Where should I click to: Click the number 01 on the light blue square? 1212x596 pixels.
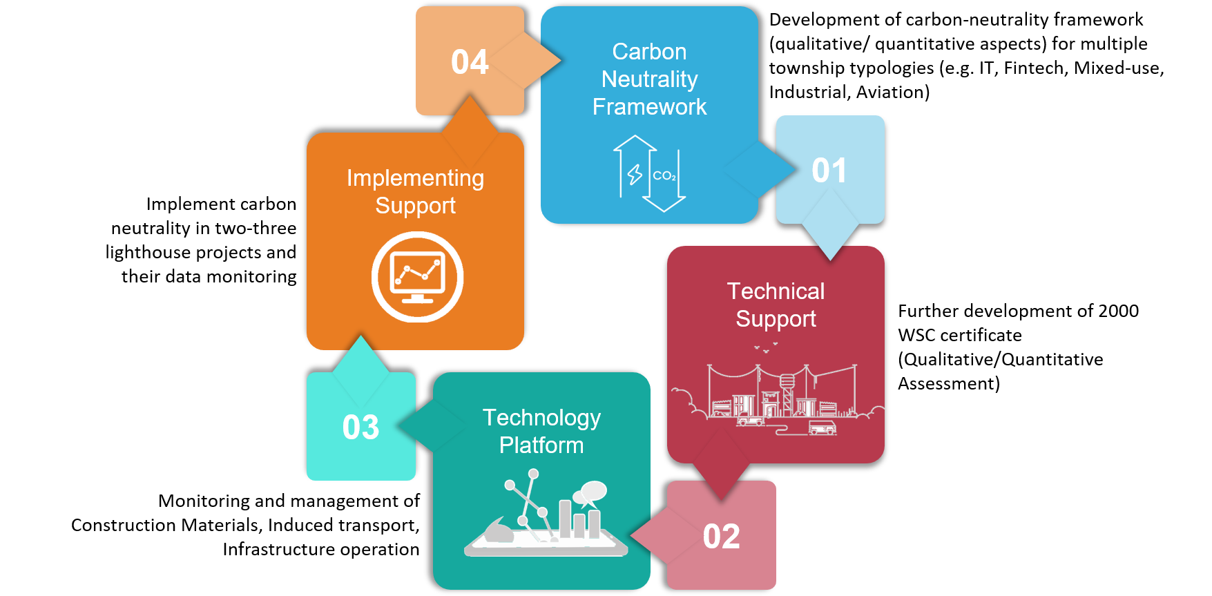tap(829, 171)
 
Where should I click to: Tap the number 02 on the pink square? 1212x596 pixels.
tap(721, 537)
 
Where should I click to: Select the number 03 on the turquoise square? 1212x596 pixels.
tap(360, 427)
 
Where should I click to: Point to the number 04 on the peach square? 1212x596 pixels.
tap(470, 62)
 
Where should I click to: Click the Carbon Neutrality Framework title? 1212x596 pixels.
tap(649, 79)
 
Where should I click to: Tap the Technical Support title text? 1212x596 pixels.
tap(776, 305)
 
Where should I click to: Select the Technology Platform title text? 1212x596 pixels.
tap(541, 432)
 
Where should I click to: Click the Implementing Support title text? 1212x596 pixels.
tap(415, 192)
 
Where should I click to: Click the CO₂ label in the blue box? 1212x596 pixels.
tap(664, 176)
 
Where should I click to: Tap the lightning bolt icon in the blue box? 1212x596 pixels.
tap(635, 174)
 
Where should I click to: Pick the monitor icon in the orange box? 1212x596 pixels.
tap(417, 277)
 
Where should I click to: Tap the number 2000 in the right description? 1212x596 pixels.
tap(1119, 311)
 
